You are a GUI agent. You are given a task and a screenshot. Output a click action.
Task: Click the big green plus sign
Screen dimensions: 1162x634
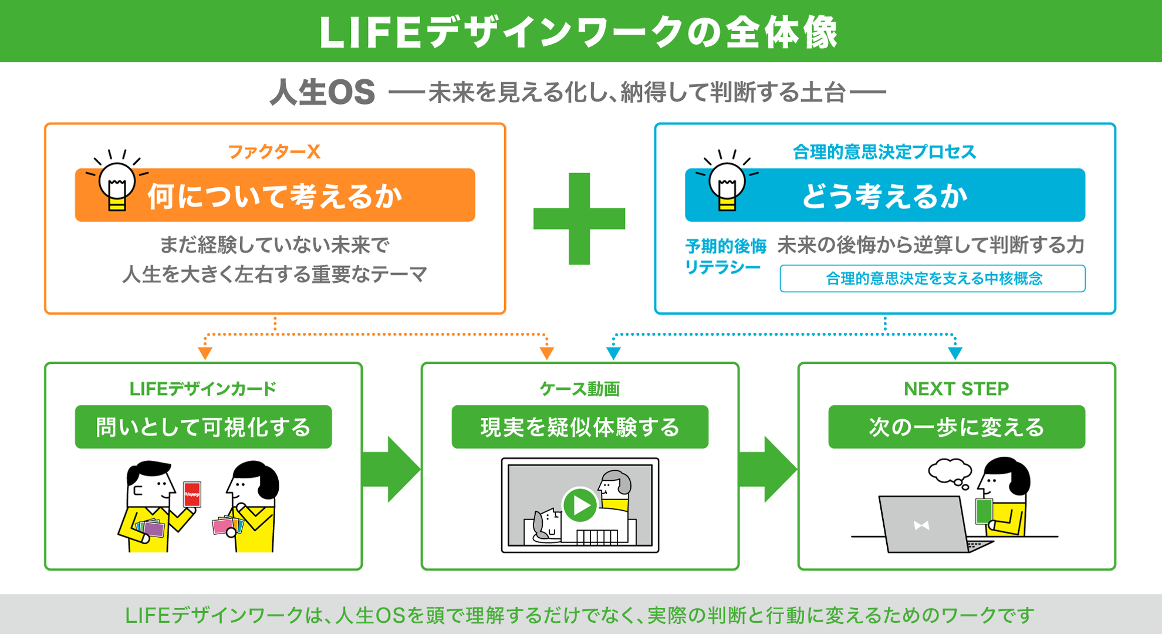coord(579,218)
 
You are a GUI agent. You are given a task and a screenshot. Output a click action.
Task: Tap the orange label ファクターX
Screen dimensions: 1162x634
coord(274,152)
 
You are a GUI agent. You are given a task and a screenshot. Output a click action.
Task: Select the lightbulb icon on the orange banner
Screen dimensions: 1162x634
coord(117,180)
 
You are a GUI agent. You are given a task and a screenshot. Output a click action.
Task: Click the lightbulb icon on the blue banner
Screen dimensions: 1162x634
coord(727,180)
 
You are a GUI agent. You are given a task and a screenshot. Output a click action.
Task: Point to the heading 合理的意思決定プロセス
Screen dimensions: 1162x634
coord(884,152)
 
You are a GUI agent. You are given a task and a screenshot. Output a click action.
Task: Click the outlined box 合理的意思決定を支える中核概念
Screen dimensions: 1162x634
coord(933,278)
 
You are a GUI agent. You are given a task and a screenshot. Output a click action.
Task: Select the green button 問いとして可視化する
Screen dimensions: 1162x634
coord(203,427)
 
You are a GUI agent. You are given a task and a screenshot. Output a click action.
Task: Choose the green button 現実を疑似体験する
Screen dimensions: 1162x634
coord(580,427)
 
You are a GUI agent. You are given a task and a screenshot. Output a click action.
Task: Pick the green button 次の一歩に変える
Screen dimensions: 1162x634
coord(957,427)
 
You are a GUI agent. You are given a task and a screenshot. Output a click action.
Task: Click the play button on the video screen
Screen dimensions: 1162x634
coord(580,505)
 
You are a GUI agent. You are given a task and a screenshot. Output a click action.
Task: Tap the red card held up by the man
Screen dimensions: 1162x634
coord(192,495)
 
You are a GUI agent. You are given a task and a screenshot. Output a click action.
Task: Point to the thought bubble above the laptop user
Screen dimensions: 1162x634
coord(949,472)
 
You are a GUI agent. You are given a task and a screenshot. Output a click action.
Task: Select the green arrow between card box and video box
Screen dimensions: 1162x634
coord(391,469)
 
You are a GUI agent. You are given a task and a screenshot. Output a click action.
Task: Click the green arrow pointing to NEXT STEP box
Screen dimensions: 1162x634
coord(768,469)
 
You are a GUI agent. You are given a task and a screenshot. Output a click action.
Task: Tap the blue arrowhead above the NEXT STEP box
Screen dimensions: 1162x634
coord(955,353)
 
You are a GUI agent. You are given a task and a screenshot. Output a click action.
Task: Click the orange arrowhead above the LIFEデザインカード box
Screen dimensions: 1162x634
coord(205,353)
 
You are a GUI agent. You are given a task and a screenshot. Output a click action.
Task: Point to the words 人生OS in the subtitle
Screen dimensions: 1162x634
coord(322,93)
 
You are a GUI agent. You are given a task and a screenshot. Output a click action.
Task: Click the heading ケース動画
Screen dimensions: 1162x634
coord(580,389)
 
